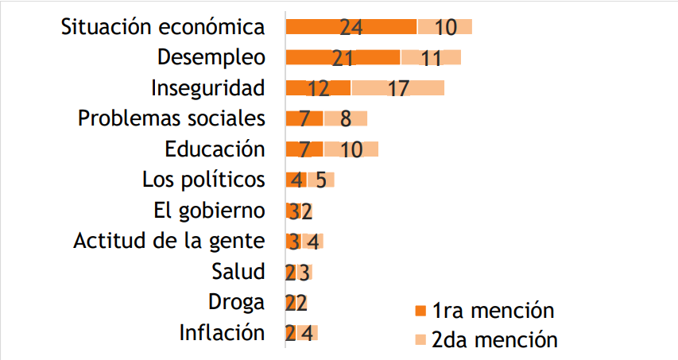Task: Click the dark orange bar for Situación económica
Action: [351, 27]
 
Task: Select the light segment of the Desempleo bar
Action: [431, 57]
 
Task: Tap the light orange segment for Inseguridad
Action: [397, 87]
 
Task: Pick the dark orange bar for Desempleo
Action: [343, 57]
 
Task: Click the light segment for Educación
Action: [351, 149]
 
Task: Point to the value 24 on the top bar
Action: [351, 27]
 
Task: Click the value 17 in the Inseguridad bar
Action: [398, 88]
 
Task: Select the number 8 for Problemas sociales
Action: [345, 119]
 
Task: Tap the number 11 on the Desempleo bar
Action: [430, 58]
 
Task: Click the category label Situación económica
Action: [163, 27]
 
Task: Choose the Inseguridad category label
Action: [207, 87]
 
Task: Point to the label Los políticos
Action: [203, 180]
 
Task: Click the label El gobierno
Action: [209, 211]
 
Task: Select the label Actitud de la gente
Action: [169, 241]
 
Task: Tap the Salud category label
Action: [238, 271]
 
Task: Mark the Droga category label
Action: [236, 302]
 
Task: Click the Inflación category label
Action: [222, 332]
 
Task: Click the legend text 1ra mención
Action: [493, 310]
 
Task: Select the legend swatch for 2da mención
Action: [420, 340]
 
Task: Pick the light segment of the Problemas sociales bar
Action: [345, 118]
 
